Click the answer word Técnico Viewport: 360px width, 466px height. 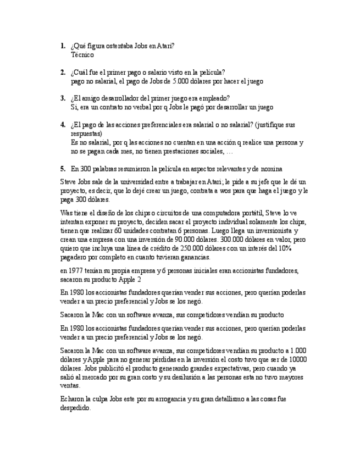coord(82,55)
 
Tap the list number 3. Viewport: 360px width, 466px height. coord(63,98)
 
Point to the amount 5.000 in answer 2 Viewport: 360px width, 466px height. coord(184,81)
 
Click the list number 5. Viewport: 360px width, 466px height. coord(63,168)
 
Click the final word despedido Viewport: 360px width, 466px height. coord(76,408)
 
